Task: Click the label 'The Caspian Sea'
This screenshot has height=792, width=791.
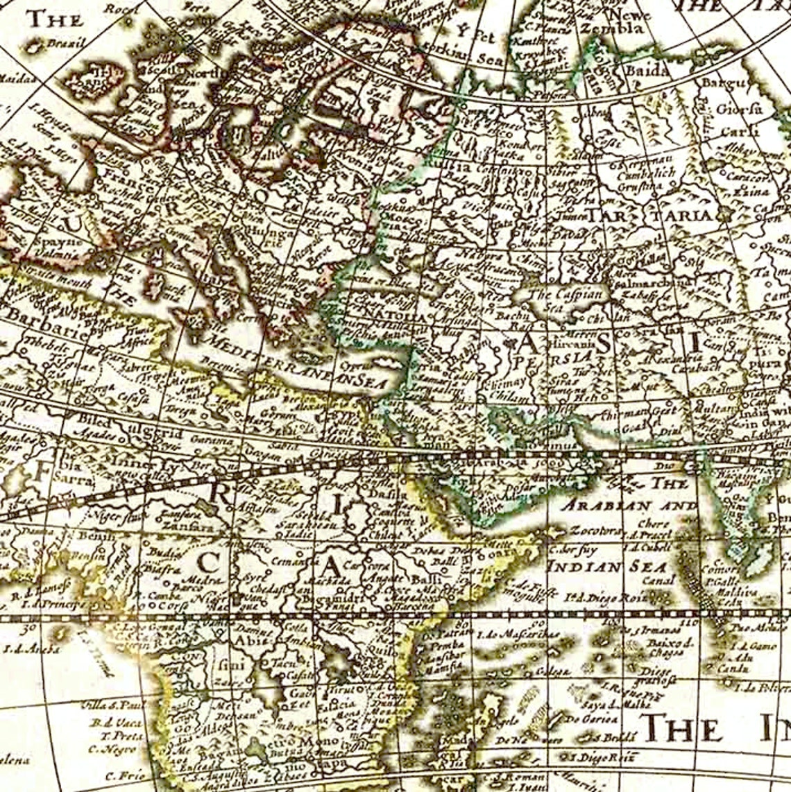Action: click(556, 299)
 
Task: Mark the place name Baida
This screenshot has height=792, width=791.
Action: click(645, 70)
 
